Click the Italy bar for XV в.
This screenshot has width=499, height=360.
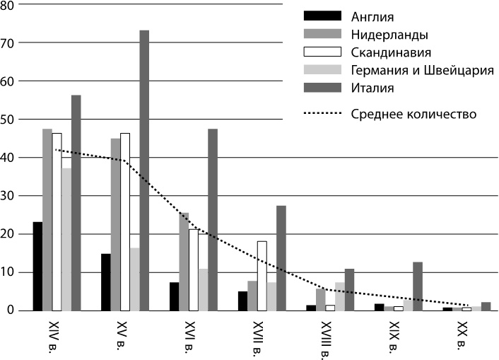144,170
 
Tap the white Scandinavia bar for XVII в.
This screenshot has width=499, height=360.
262,276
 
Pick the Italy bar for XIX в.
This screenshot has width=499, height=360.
418,286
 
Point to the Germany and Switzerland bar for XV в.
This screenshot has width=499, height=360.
134,279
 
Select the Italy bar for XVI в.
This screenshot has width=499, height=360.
213,219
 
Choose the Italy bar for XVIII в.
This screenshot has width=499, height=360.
349,290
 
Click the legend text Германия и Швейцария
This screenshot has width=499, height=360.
421,70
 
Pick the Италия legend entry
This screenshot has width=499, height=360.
371,88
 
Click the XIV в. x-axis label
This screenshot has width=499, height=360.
49,336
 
